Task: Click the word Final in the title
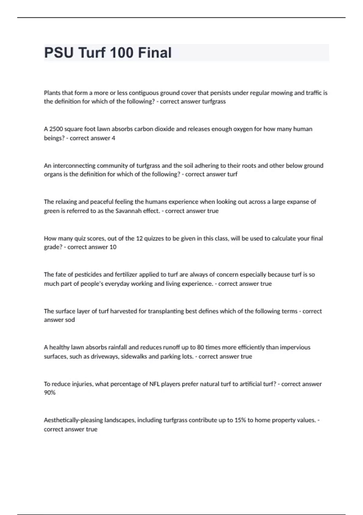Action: coord(155,53)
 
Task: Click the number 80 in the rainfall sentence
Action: coord(200,347)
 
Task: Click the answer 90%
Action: coord(50,393)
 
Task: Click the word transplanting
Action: coord(166,311)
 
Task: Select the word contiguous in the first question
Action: coord(143,93)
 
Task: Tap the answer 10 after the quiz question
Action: coord(113,247)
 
